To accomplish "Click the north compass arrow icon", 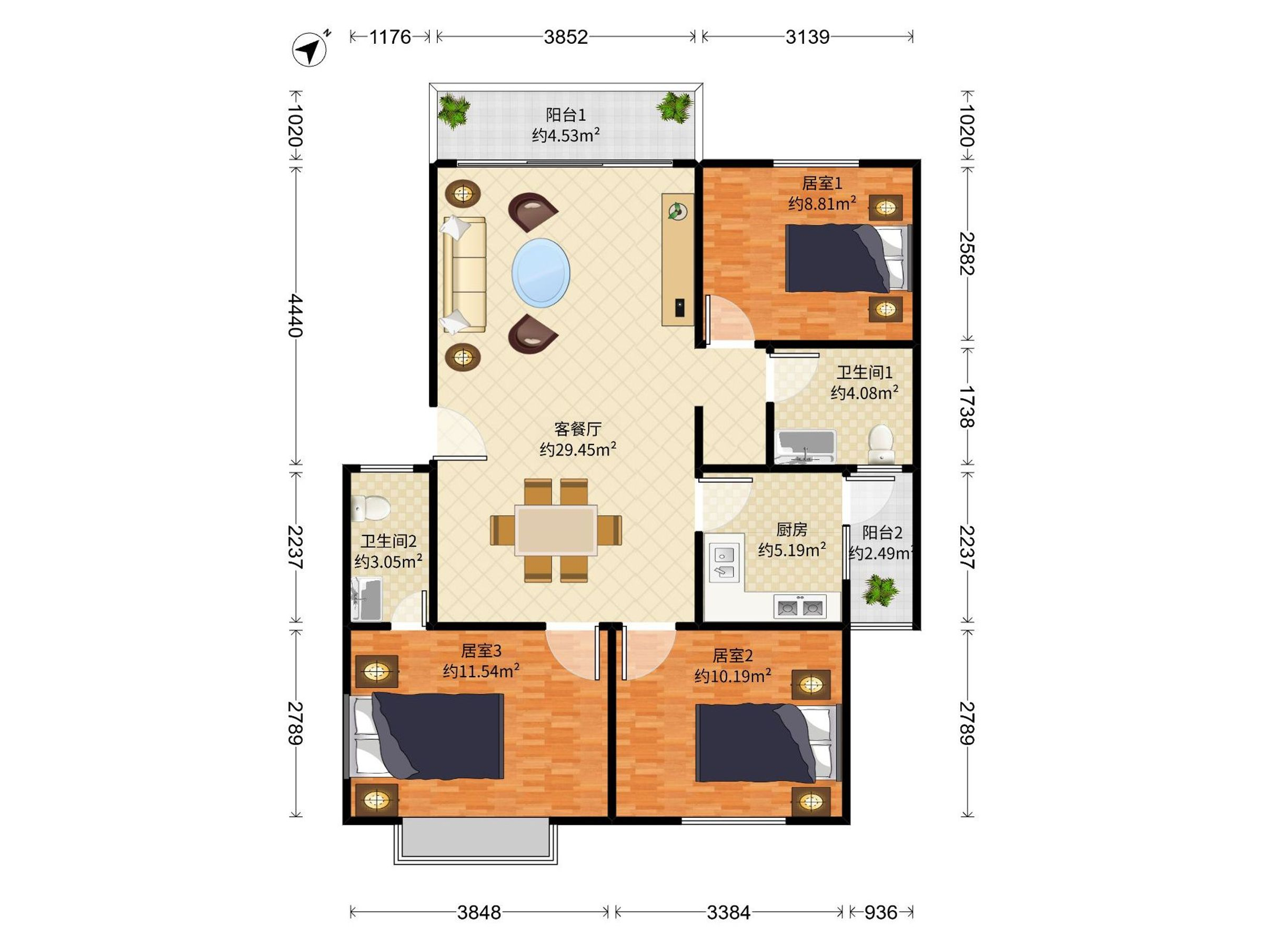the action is (310, 49).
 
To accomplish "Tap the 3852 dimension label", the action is (565, 37).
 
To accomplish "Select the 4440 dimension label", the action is (295, 315).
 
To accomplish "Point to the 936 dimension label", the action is (880, 913).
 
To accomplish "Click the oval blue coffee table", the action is (540, 273).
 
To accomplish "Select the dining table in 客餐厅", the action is (556, 530).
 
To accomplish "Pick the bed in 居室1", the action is (848, 258).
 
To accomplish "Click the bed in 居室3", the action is (425, 736).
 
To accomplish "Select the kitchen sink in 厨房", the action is (724, 562).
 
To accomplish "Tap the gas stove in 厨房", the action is (800, 607).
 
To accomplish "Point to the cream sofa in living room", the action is (464, 274).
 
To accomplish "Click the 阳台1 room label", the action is (565, 115).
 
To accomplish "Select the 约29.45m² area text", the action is (578, 449).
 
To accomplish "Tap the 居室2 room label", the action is (733, 655).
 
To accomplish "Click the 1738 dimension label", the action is (967, 407).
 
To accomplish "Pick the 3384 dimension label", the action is (728, 913).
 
